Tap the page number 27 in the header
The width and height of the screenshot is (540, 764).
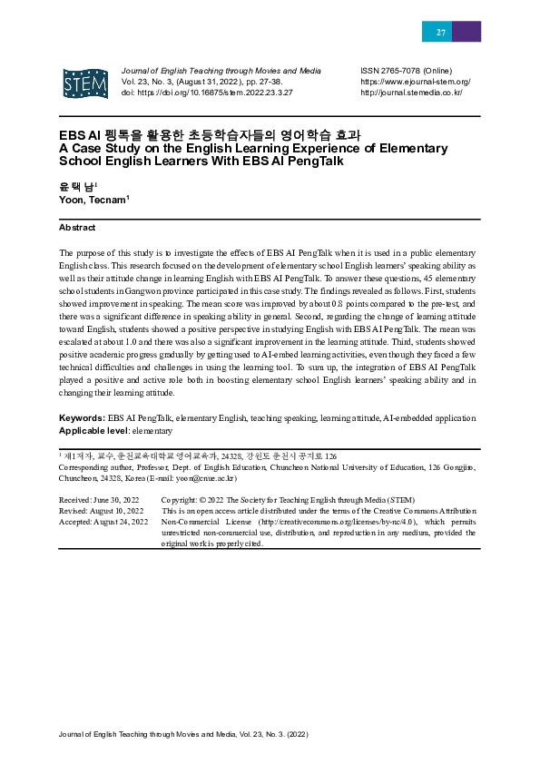click(x=441, y=32)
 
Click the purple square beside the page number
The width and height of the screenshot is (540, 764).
click(x=466, y=32)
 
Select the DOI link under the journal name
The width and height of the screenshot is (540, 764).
click(x=207, y=93)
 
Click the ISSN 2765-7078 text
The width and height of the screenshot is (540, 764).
click(x=406, y=71)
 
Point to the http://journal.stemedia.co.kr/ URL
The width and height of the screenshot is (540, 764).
click(x=411, y=93)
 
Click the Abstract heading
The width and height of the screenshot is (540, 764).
click(x=77, y=228)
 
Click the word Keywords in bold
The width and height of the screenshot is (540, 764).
click(x=82, y=418)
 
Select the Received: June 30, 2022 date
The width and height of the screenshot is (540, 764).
click(x=99, y=500)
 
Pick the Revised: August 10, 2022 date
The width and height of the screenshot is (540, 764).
click(x=101, y=511)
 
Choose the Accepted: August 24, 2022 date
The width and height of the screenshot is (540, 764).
click(x=103, y=522)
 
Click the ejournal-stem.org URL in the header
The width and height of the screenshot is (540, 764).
click(x=415, y=82)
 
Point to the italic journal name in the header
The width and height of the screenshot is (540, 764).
click(x=221, y=71)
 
